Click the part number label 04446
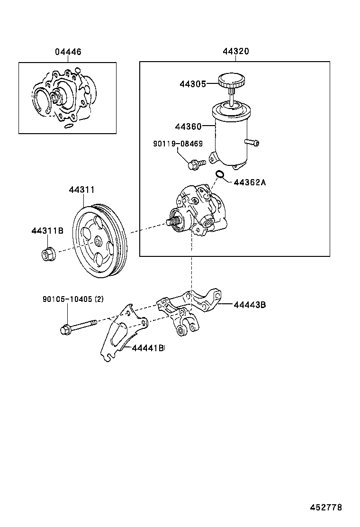point(67,52)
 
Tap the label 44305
point(192,84)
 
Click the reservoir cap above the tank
point(231,80)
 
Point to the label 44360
point(188,127)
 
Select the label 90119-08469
point(178,143)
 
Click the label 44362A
point(250,182)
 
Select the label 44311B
point(47,231)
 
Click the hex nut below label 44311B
point(47,254)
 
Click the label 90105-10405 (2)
point(73,299)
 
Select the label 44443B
point(249,305)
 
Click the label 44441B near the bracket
point(148,348)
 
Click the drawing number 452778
point(325,508)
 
